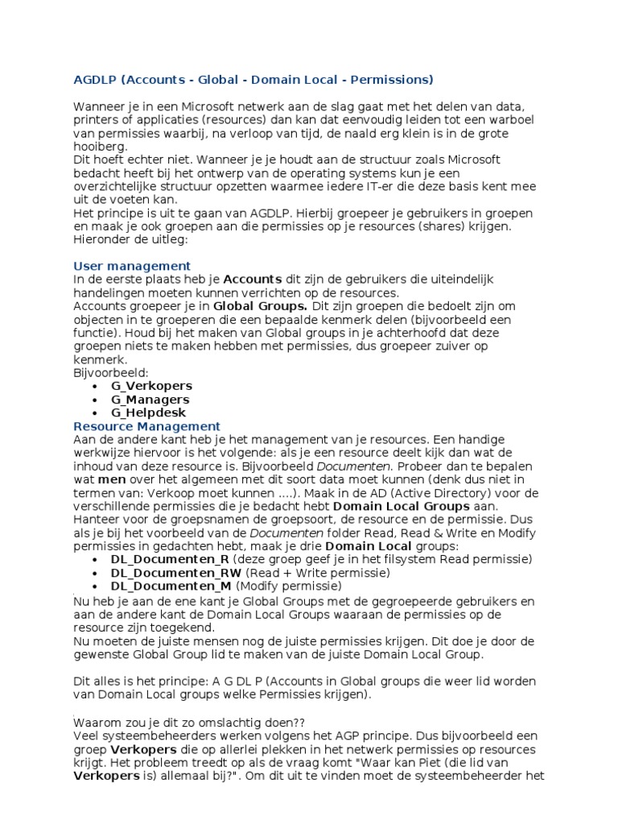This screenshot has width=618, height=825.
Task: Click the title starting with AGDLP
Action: (253, 79)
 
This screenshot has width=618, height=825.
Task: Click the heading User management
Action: (132, 265)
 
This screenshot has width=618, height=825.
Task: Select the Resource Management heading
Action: (146, 425)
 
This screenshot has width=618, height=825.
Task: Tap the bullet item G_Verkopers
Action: (151, 385)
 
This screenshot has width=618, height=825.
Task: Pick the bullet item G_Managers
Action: (150, 399)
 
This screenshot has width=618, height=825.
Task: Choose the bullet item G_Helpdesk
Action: (148, 412)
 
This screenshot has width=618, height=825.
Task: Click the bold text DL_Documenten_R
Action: (170, 559)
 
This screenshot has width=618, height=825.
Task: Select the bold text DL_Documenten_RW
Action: (175, 573)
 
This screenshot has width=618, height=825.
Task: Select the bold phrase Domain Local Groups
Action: (401, 506)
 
